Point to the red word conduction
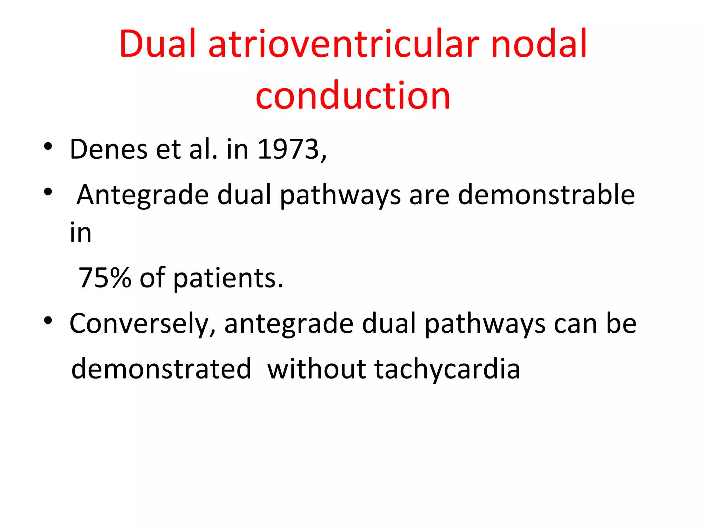[353, 95]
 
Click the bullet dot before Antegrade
[48, 192]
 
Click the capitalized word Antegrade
[143, 195]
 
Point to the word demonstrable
[546, 195]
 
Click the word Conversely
[143, 324]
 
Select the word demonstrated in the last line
[161, 369]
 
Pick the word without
[316, 369]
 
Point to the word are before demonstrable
[429, 195]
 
